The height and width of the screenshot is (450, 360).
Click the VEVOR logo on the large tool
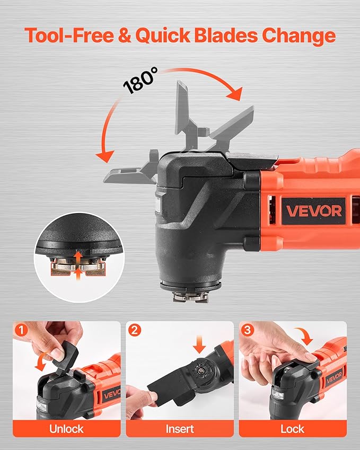(314, 210)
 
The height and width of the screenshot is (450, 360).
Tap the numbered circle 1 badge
(21, 330)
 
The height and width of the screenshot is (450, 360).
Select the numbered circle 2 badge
(134, 330)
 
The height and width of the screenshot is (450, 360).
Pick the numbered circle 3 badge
(247, 330)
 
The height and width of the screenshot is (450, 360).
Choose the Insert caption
(180, 428)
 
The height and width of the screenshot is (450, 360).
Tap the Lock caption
(292, 428)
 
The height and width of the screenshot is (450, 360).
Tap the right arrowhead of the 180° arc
(234, 94)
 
